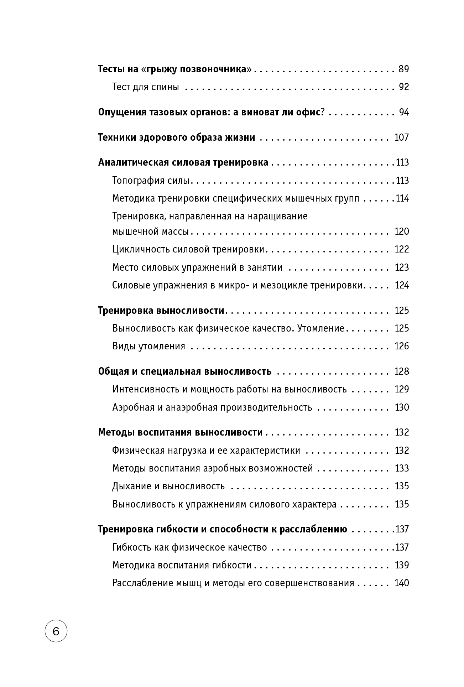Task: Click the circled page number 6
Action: [x=56, y=631]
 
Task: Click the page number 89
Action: [x=403, y=69]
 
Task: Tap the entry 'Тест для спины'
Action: [x=145, y=87]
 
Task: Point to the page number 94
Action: [x=404, y=113]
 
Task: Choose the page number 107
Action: [x=402, y=137]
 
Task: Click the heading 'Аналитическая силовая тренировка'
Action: [x=183, y=163]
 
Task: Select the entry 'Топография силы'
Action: [x=151, y=181]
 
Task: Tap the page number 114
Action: [x=402, y=198]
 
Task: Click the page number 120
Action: [x=402, y=231]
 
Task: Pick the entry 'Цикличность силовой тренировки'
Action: [x=188, y=249]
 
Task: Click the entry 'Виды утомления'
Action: [x=149, y=346]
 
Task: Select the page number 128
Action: [x=402, y=371]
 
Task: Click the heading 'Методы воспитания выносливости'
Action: [x=180, y=432]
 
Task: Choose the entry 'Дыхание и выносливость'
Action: [x=168, y=486]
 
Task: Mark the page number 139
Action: [x=402, y=565]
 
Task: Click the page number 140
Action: [x=402, y=583]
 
